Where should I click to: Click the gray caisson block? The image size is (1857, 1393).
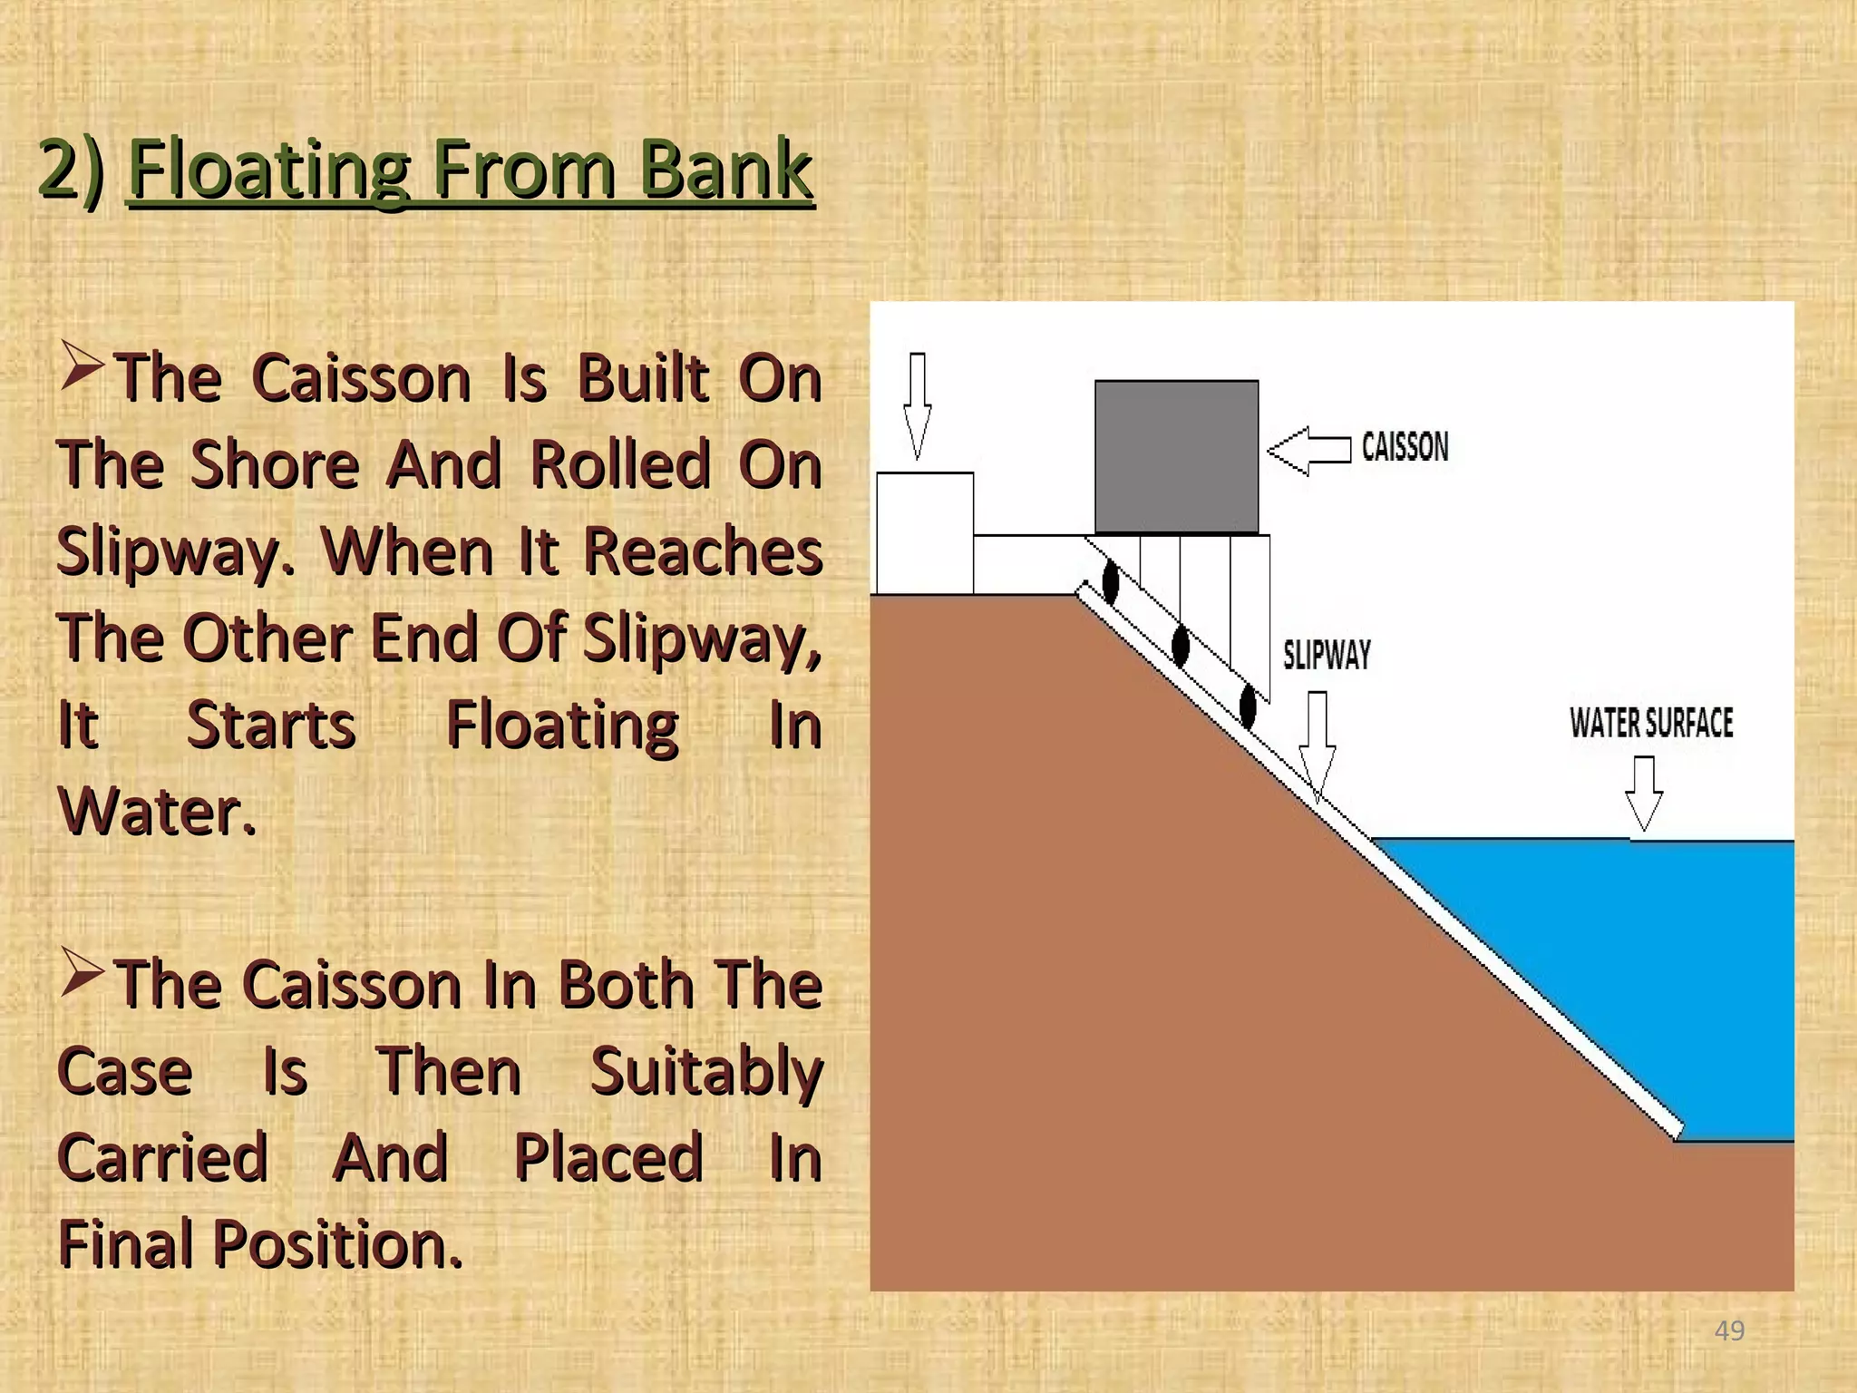point(1176,456)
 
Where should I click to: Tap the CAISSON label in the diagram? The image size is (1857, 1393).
point(1405,447)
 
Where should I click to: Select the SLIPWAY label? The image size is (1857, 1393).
point(1327,654)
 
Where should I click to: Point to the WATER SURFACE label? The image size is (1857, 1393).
point(1651,723)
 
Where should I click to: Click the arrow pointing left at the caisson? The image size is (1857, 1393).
point(1308,450)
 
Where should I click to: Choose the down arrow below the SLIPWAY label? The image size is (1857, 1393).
point(1317,745)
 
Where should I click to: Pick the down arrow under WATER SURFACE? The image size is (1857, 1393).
point(1644,793)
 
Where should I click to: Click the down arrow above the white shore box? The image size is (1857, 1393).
point(918,404)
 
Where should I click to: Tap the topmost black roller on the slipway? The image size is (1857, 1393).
point(1110,581)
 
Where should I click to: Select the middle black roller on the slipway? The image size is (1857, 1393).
point(1181,645)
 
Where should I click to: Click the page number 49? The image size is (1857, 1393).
point(1729,1330)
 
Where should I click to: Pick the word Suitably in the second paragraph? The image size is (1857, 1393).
point(706,1071)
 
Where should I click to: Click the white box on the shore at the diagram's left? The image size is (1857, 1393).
point(924,532)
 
